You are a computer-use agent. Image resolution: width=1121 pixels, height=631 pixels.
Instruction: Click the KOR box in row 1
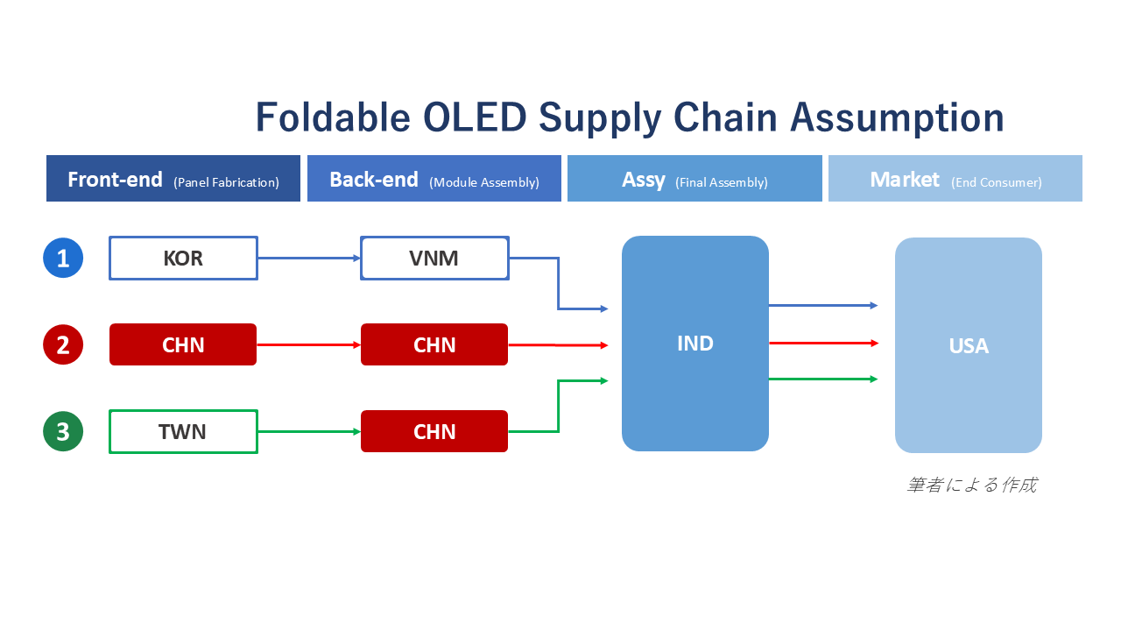pos(183,258)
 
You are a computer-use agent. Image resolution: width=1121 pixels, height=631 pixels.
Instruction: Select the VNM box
pos(434,258)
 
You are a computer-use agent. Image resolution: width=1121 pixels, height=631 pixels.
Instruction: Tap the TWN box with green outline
pos(183,432)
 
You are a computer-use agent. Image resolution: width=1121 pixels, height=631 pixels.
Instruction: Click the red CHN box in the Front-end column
pos(183,344)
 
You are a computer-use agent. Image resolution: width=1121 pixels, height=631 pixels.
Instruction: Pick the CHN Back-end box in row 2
pos(434,344)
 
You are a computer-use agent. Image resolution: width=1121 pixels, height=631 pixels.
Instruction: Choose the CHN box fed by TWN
pos(434,431)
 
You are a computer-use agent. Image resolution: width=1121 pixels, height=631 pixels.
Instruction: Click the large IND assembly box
pos(695,344)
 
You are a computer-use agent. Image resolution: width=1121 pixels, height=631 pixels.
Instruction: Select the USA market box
pos(969,345)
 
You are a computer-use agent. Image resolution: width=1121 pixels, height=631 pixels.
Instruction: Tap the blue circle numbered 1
pos(63,258)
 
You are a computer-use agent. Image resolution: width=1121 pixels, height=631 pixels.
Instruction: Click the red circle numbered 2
pos(63,344)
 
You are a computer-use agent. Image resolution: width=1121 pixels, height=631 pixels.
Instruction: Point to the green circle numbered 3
pos(63,431)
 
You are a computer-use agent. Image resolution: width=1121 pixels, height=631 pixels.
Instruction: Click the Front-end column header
pos(173,178)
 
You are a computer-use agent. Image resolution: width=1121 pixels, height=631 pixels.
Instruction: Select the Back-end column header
pos(434,178)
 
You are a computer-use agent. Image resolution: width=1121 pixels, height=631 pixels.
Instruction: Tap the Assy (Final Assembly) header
pos(694,178)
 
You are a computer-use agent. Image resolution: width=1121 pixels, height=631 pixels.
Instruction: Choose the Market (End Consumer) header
pos(955,178)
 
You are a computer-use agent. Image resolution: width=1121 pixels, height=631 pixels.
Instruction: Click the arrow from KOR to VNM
pos(309,258)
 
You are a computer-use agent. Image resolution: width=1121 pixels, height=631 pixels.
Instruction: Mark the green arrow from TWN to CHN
pos(309,431)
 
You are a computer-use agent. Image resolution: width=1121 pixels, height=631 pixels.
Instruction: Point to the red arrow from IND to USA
pos(824,343)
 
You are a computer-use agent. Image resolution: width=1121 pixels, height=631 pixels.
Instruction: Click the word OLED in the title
pos(475,117)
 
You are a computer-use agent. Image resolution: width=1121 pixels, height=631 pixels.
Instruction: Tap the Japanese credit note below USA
pos(972,485)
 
